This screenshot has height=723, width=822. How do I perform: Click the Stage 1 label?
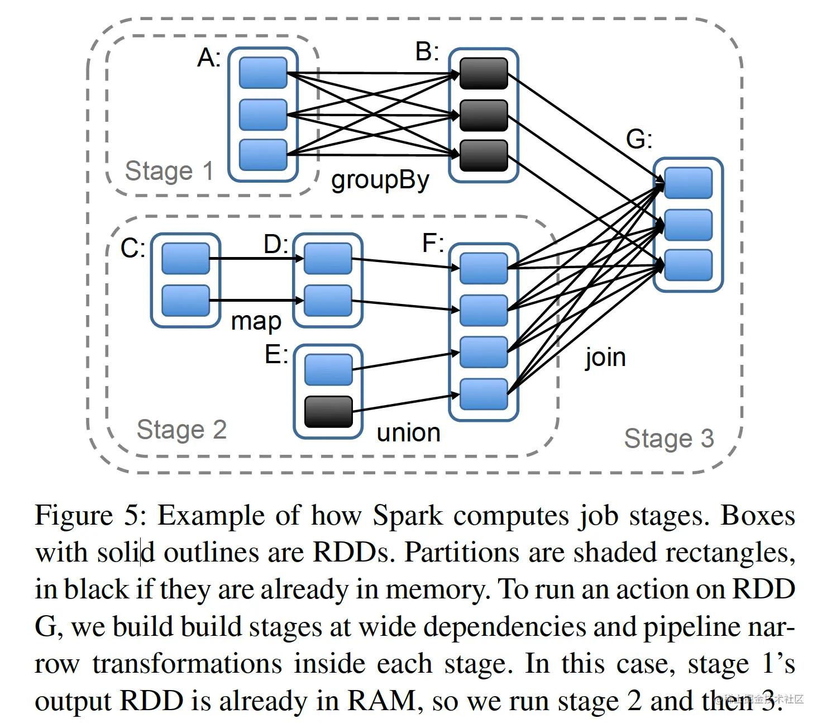(x=169, y=170)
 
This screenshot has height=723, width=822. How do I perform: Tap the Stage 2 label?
(x=181, y=430)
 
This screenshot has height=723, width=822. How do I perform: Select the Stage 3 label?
(x=669, y=439)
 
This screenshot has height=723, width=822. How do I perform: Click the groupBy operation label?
(x=380, y=180)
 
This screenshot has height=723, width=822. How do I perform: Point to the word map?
(x=256, y=321)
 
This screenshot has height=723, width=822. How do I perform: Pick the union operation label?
(x=408, y=432)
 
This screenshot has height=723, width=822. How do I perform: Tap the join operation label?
(x=605, y=358)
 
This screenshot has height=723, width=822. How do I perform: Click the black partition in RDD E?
(x=328, y=412)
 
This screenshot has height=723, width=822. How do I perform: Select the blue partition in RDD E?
(x=328, y=369)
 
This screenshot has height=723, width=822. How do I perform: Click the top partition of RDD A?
(x=263, y=73)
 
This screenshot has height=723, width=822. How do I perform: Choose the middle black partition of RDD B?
(x=484, y=115)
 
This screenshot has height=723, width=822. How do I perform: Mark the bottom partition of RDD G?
(x=689, y=265)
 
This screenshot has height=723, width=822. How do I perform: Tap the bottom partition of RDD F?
(x=484, y=394)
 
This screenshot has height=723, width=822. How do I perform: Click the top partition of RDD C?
(x=185, y=258)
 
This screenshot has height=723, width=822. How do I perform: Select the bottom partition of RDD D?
(x=328, y=301)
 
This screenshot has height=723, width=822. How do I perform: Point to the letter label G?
(x=639, y=139)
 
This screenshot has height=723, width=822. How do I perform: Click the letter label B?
(x=427, y=52)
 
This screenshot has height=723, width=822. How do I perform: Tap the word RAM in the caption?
(x=381, y=701)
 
